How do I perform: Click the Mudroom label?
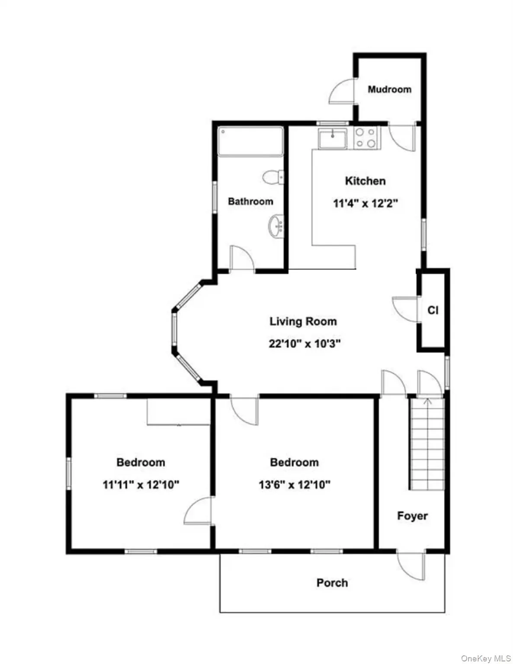(x=389, y=89)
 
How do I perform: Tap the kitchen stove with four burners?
(x=366, y=138)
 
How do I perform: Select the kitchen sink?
(x=332, y=139)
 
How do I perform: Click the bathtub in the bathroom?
(x=250, y=141)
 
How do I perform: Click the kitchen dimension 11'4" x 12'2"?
(x=365, y=203)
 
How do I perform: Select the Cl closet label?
(x=433, y=310)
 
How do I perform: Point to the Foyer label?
(x=412, y=516)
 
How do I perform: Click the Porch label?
(x=332, y=583)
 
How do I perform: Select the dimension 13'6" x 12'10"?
(x=294, y=485)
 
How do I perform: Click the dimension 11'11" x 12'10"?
(x=141, y=485)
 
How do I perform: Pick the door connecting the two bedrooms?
(x=199, y=511)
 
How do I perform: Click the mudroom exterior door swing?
(x=342, y=91)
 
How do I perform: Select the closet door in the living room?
(x=406, y=309)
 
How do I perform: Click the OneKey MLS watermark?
(x=486, y=658)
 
